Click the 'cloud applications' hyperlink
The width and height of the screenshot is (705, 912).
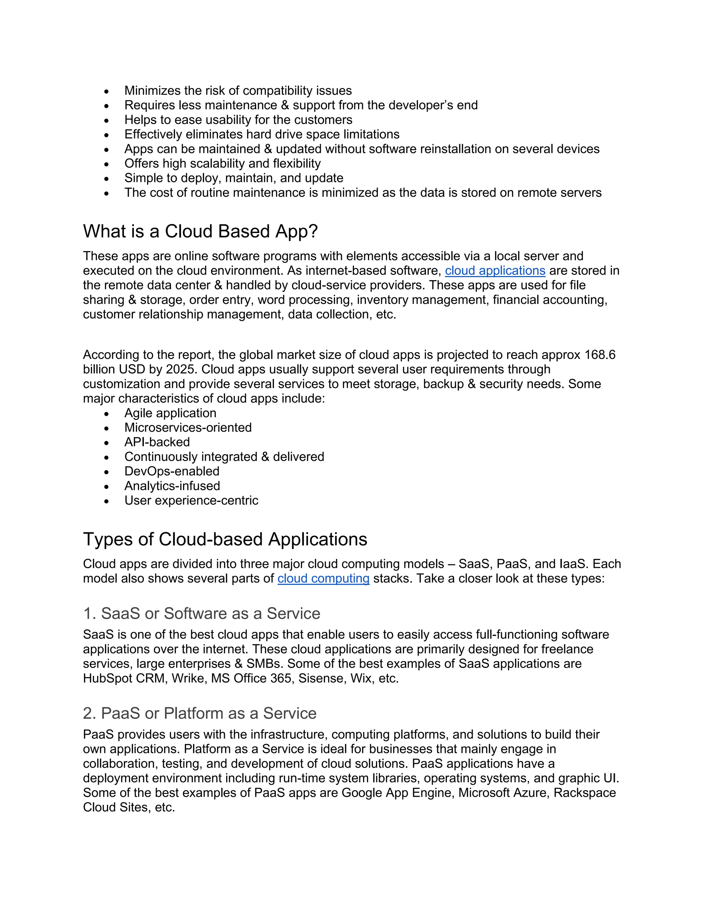click(x=495, y=271)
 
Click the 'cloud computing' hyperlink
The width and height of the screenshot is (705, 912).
click(x=323, y=579)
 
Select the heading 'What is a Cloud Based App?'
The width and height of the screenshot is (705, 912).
click(x=200, y=231)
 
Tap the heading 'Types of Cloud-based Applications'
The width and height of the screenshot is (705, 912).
click(x=225, y=539)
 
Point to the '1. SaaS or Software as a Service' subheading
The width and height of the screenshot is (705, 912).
click(x=202, y=613)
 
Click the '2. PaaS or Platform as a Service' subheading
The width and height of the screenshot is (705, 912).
click(x=200, y=713)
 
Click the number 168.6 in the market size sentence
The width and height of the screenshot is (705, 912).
click(x=600, y=355)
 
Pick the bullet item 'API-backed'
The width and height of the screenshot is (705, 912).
click(x=157, y=442)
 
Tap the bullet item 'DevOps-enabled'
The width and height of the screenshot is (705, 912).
click(x=172, y=471)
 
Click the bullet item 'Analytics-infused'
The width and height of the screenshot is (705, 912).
click(x=172, y=486)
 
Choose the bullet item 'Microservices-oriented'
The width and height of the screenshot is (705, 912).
click(x=188, y=427)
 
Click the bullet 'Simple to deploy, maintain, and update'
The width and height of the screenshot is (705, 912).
click(x=234, y=178)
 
